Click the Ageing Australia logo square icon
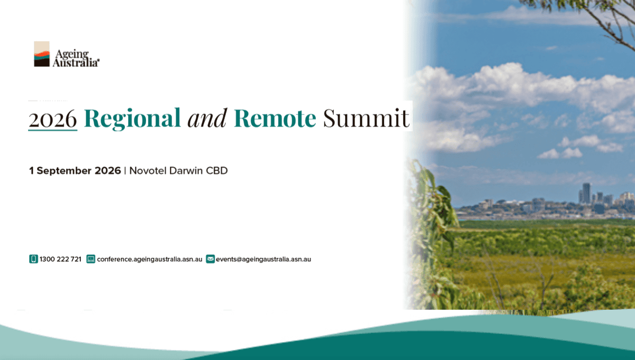(42, 54)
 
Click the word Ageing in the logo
(72, 54)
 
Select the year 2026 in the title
(53, 119)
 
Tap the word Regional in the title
(132, 119)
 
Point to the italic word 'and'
(207, 118)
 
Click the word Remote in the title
(275, 118)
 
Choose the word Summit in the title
(366, 118)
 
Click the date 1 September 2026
(75, 170)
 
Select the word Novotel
(148, 170)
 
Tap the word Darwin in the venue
(186, 170)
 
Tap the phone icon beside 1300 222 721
(33, 259)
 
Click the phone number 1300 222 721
(60, 259)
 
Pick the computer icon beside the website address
(90, 259)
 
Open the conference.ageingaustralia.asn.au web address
(150, 259)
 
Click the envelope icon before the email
(211, 259)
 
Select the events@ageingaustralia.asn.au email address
(264, 259)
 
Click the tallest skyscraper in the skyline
(586, 193)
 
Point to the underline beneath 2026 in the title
(53, 130)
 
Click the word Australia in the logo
(76, 62)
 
